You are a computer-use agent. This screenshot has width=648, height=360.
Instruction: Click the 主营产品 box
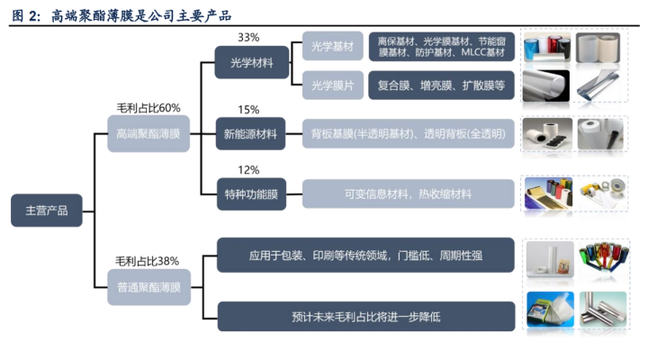click(46, 211)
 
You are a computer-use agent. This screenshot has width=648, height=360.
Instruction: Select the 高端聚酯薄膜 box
click(148, 133)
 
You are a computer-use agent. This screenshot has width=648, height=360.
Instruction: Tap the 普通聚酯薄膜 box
click(148, 287)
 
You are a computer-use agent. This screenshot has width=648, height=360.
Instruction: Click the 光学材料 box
click(252, 62)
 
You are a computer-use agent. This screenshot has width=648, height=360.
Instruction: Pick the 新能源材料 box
click(250, 133)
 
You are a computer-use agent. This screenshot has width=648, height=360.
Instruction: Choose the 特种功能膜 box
click(251, 193)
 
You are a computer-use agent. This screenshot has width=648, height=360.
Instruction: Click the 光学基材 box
click(333, 46)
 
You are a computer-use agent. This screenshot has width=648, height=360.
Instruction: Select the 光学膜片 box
click(333, 85)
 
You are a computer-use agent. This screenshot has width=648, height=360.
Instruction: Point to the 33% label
click(248, 37)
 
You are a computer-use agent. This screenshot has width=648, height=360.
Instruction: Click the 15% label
click(248, 110)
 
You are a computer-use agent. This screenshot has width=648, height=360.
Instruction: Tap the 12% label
click(248, 170)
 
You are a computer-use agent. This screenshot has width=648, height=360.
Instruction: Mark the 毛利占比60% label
click(148, 108)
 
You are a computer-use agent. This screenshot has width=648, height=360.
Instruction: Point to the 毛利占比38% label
click(147, 261)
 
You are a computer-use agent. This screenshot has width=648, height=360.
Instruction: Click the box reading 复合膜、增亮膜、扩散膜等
click(441, 85)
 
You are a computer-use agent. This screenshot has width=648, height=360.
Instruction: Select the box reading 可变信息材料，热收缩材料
click(409, 193)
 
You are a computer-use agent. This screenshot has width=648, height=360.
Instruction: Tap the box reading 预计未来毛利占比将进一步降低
click(366, 317)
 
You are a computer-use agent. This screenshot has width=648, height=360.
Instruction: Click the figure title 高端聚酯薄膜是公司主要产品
click(141, 15)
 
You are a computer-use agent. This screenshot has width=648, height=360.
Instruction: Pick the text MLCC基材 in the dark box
click(483, 52)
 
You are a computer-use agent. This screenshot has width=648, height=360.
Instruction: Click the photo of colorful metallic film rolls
click(603, 257)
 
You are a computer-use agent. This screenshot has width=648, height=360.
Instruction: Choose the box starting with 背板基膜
click(409, 133)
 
